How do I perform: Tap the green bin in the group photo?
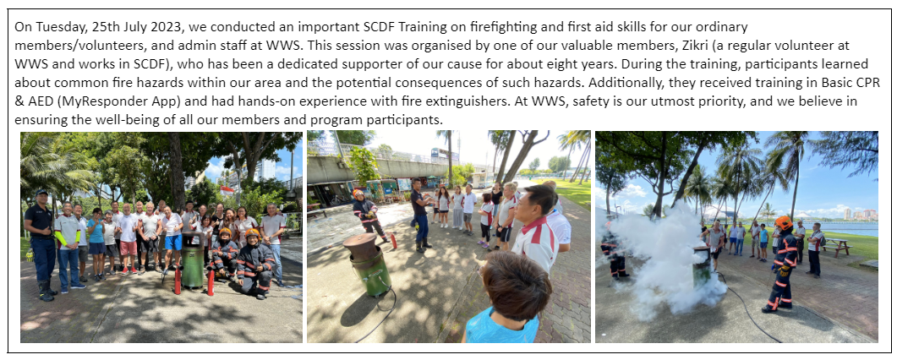pos(193,261)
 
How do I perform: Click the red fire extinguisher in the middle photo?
pos(394,241)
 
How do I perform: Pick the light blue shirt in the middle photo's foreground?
pos(501,325)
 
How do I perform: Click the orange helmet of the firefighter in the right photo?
pos(783,222)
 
